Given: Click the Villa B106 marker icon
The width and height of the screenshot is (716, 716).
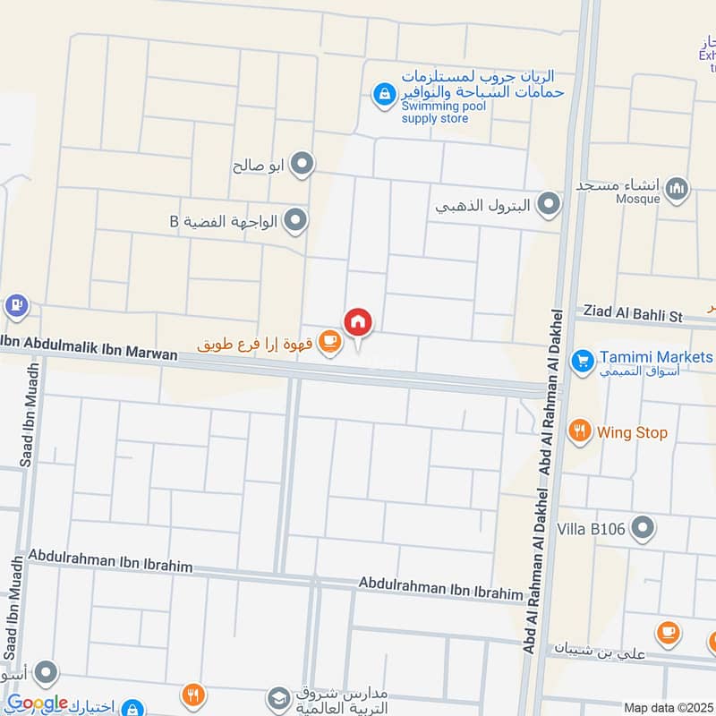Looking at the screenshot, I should click(642, 530).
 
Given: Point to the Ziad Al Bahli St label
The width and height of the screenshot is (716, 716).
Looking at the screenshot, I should click(633, 315).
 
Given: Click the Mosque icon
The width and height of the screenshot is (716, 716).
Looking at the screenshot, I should click(678, 188).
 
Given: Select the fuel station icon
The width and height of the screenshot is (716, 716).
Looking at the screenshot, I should click(15, 305).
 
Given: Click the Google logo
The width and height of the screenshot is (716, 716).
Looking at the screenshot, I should click(38, 703).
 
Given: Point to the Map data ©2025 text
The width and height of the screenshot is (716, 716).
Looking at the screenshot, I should click(668, 707).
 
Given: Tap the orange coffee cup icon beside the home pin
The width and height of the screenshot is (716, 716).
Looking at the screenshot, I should click(330, 342).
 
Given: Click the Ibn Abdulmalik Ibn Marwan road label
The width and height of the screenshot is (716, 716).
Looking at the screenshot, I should click(89, 347).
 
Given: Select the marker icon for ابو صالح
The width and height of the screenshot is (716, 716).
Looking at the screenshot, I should click(303, 165).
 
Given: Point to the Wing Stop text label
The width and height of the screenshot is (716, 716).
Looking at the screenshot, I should click(634, 433).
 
